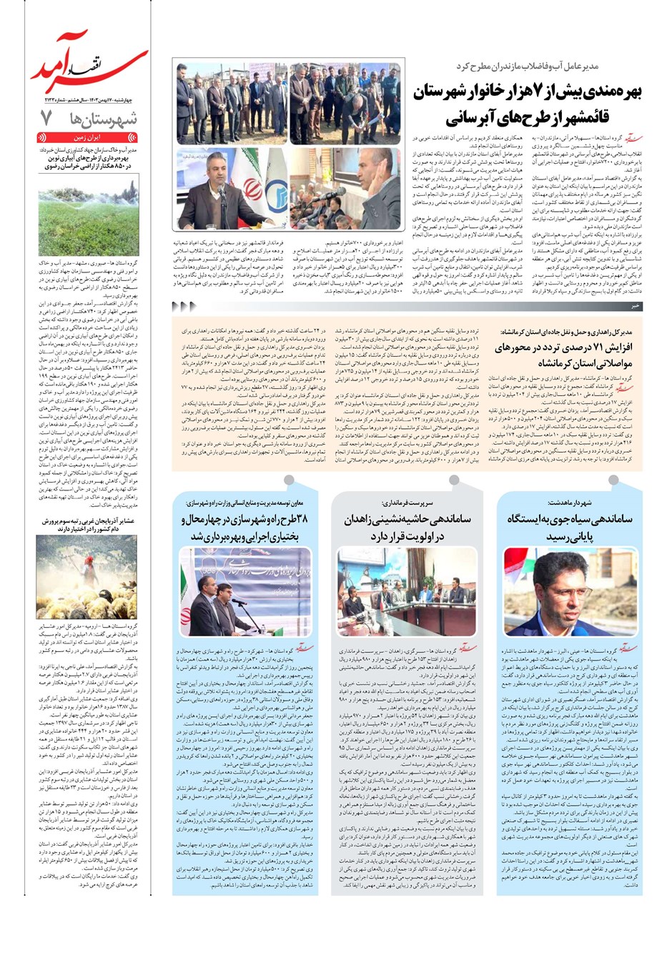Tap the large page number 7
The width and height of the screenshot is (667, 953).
47,118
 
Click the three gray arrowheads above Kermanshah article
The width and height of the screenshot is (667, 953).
184,306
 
